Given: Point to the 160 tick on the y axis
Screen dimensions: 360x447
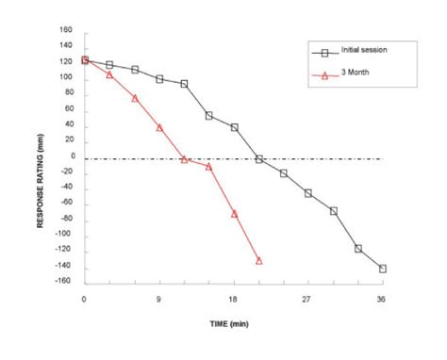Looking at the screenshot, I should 65,29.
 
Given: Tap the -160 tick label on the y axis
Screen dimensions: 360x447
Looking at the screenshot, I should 62,283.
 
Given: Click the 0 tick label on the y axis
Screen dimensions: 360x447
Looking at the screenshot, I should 70,156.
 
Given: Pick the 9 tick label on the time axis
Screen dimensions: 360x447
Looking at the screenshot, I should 159,299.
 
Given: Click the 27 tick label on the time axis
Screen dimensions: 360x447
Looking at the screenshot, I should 307,299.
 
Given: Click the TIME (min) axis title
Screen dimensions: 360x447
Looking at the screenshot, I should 233,323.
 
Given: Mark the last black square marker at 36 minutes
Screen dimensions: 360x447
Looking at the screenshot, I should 382,269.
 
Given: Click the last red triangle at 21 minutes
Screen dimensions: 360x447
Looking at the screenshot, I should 258,260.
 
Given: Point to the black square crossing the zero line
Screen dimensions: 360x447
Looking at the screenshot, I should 258,159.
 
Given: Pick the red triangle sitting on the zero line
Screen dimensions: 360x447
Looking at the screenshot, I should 184,159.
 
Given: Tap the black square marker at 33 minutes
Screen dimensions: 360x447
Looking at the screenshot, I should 357,248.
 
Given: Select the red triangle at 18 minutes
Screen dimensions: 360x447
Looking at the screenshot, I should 234,214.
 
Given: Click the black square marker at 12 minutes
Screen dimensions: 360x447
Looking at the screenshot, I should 184,84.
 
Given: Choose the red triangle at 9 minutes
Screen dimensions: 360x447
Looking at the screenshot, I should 159,127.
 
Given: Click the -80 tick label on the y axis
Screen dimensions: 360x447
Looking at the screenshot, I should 64,220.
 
